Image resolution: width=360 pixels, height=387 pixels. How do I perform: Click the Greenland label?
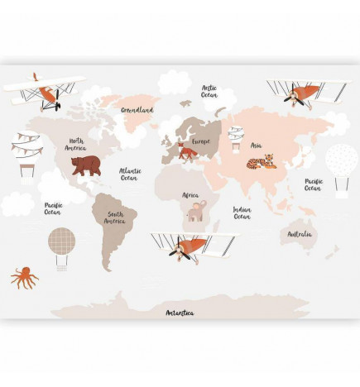(x=137, y=109)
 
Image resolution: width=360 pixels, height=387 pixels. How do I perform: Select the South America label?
(x=114, y=217)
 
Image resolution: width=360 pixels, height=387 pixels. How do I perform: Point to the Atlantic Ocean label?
(x=129, y=174)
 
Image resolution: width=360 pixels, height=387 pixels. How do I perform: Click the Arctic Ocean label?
(x=209, y=90)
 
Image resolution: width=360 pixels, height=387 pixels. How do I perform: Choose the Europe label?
(x=201, y=141)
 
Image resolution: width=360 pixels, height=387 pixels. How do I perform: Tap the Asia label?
(x=257, y=146)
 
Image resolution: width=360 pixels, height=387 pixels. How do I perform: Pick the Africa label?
(x=190, y=195)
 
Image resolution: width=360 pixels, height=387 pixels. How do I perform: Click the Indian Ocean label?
(x=242, y=213)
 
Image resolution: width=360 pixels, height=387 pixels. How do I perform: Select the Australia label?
(x=300, y=234)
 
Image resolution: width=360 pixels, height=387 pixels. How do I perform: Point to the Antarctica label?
(x=180, y=313)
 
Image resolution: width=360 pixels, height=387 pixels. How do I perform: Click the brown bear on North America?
(x=85, y=165)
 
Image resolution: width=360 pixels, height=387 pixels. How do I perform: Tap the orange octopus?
(x=24, y=277)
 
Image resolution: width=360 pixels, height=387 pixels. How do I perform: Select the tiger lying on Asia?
(x=261, y=161)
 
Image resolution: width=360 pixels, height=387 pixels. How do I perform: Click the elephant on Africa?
(x=196, y=213)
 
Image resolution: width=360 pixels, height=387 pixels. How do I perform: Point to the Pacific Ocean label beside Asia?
(x=314, y=184)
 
